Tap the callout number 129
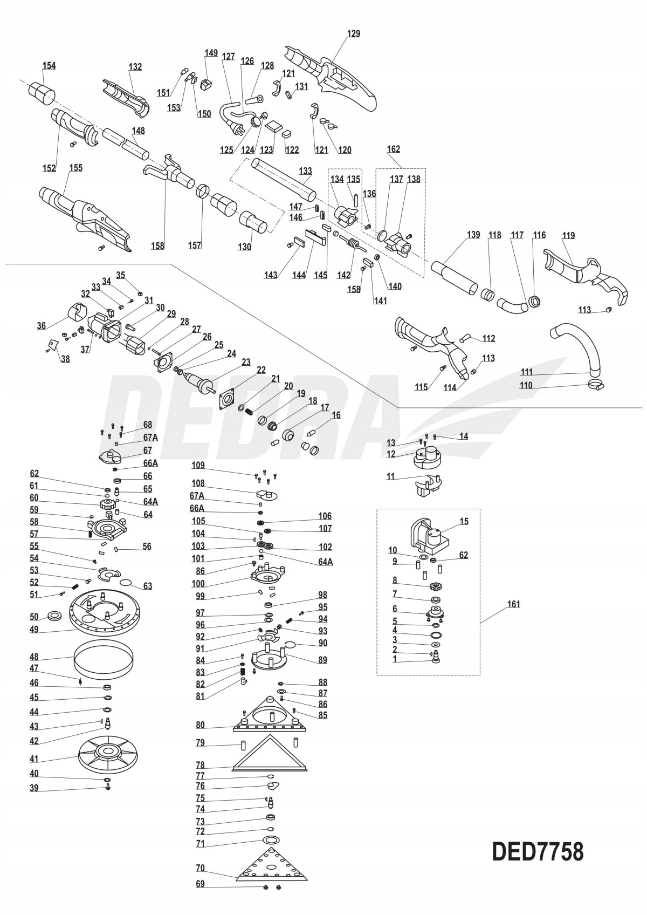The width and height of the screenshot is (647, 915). point(354,33)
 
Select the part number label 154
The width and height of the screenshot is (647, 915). point(49,66)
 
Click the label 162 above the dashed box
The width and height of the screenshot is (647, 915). point(394,149)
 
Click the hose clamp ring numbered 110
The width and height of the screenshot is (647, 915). point(595,384)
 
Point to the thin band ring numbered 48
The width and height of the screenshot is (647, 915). point(104,662)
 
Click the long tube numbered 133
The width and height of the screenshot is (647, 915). point(284,178)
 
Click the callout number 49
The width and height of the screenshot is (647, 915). point(34,629)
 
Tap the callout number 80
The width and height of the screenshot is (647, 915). point(201,725)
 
